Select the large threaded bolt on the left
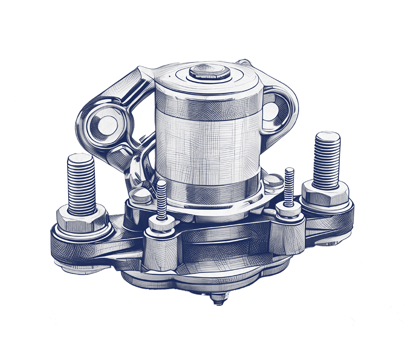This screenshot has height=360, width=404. pos(81,185)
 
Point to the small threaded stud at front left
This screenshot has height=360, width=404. pos(161,200)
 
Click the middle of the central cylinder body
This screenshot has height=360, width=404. pos(209,147)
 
